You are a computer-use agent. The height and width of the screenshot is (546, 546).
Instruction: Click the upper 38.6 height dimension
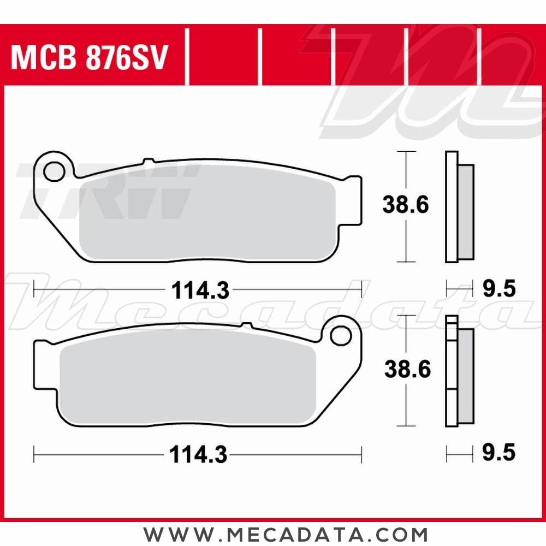point(405,206)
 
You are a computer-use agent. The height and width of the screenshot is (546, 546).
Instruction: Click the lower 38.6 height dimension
point(407,370)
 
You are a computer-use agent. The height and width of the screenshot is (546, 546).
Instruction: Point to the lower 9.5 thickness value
point(498,453)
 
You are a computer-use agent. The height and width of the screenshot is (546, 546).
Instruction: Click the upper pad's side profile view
point(459,206)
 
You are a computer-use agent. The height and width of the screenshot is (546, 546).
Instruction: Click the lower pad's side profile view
point(459,371)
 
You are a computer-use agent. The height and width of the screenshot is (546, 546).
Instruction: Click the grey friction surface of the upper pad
point(207,213)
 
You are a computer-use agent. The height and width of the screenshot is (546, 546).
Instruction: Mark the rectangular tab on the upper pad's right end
point(354,200)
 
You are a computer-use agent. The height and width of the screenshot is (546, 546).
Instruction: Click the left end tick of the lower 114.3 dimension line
point(34,453)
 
